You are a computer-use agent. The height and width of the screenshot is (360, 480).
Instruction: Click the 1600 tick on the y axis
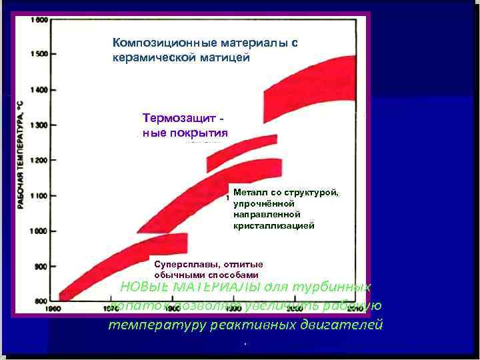point(37,20)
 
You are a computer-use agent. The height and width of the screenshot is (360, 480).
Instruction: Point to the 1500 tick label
point(37,54)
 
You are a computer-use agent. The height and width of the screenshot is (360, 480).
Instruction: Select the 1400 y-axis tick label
point(37,89)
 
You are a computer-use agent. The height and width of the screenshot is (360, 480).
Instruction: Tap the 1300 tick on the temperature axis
point(37,125)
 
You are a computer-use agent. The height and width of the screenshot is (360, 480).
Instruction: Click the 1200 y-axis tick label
point(37,160)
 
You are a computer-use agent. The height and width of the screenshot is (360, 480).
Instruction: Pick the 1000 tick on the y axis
point(37,231)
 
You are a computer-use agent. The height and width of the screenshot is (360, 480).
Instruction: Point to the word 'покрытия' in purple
point(201,132)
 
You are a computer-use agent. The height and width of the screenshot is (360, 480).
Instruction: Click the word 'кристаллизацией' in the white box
point(273,226)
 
